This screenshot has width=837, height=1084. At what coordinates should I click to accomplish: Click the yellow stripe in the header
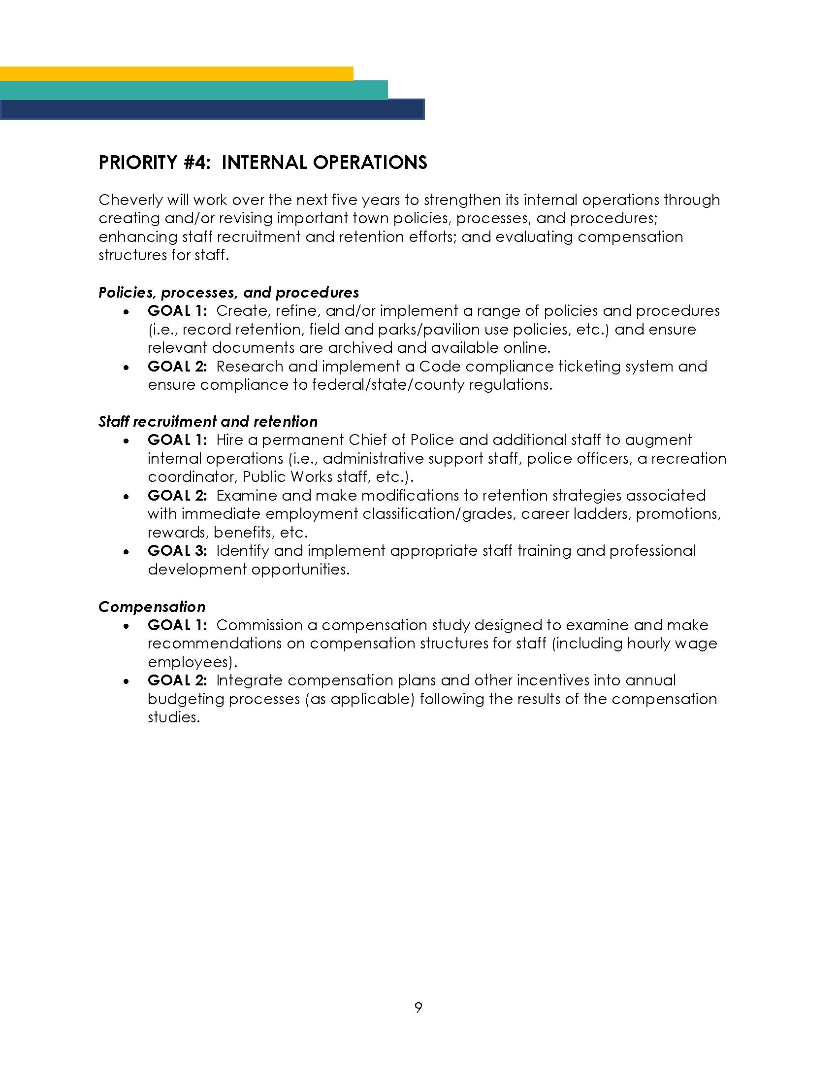click(x=177, y=73)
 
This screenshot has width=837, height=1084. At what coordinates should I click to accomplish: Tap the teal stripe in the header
click(x=193, y=90)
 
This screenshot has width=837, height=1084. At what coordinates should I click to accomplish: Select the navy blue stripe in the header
click(x=212, y=110)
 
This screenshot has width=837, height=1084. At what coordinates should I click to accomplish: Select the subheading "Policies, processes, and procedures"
click(x=228, y=292)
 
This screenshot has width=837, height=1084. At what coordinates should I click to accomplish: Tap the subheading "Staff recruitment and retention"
click(x=208, y=421)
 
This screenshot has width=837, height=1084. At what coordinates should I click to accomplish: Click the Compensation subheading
click(x=152, y=607)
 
